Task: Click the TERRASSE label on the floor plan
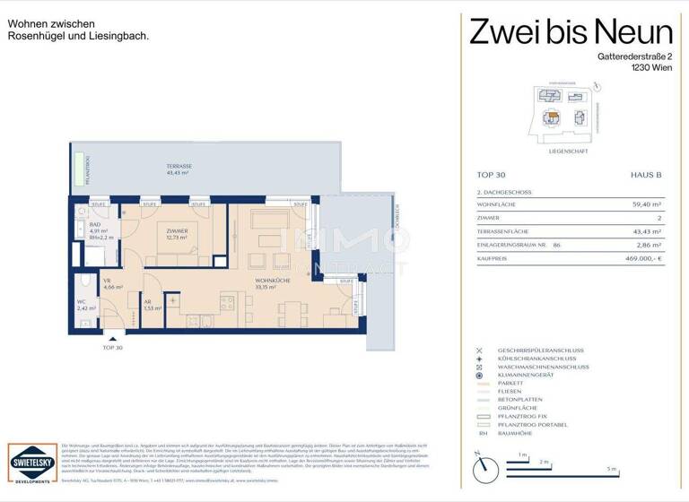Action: point(179,168)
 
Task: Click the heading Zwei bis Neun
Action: point(571,33)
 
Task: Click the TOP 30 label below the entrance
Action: point(113,347)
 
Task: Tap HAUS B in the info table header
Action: point(646,177)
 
